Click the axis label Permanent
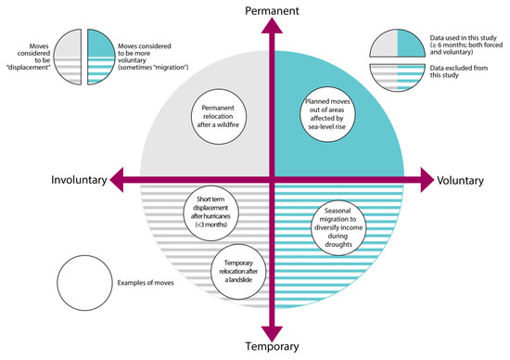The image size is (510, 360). [x=271, y=9]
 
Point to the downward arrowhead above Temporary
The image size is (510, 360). [x=271, y=333]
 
